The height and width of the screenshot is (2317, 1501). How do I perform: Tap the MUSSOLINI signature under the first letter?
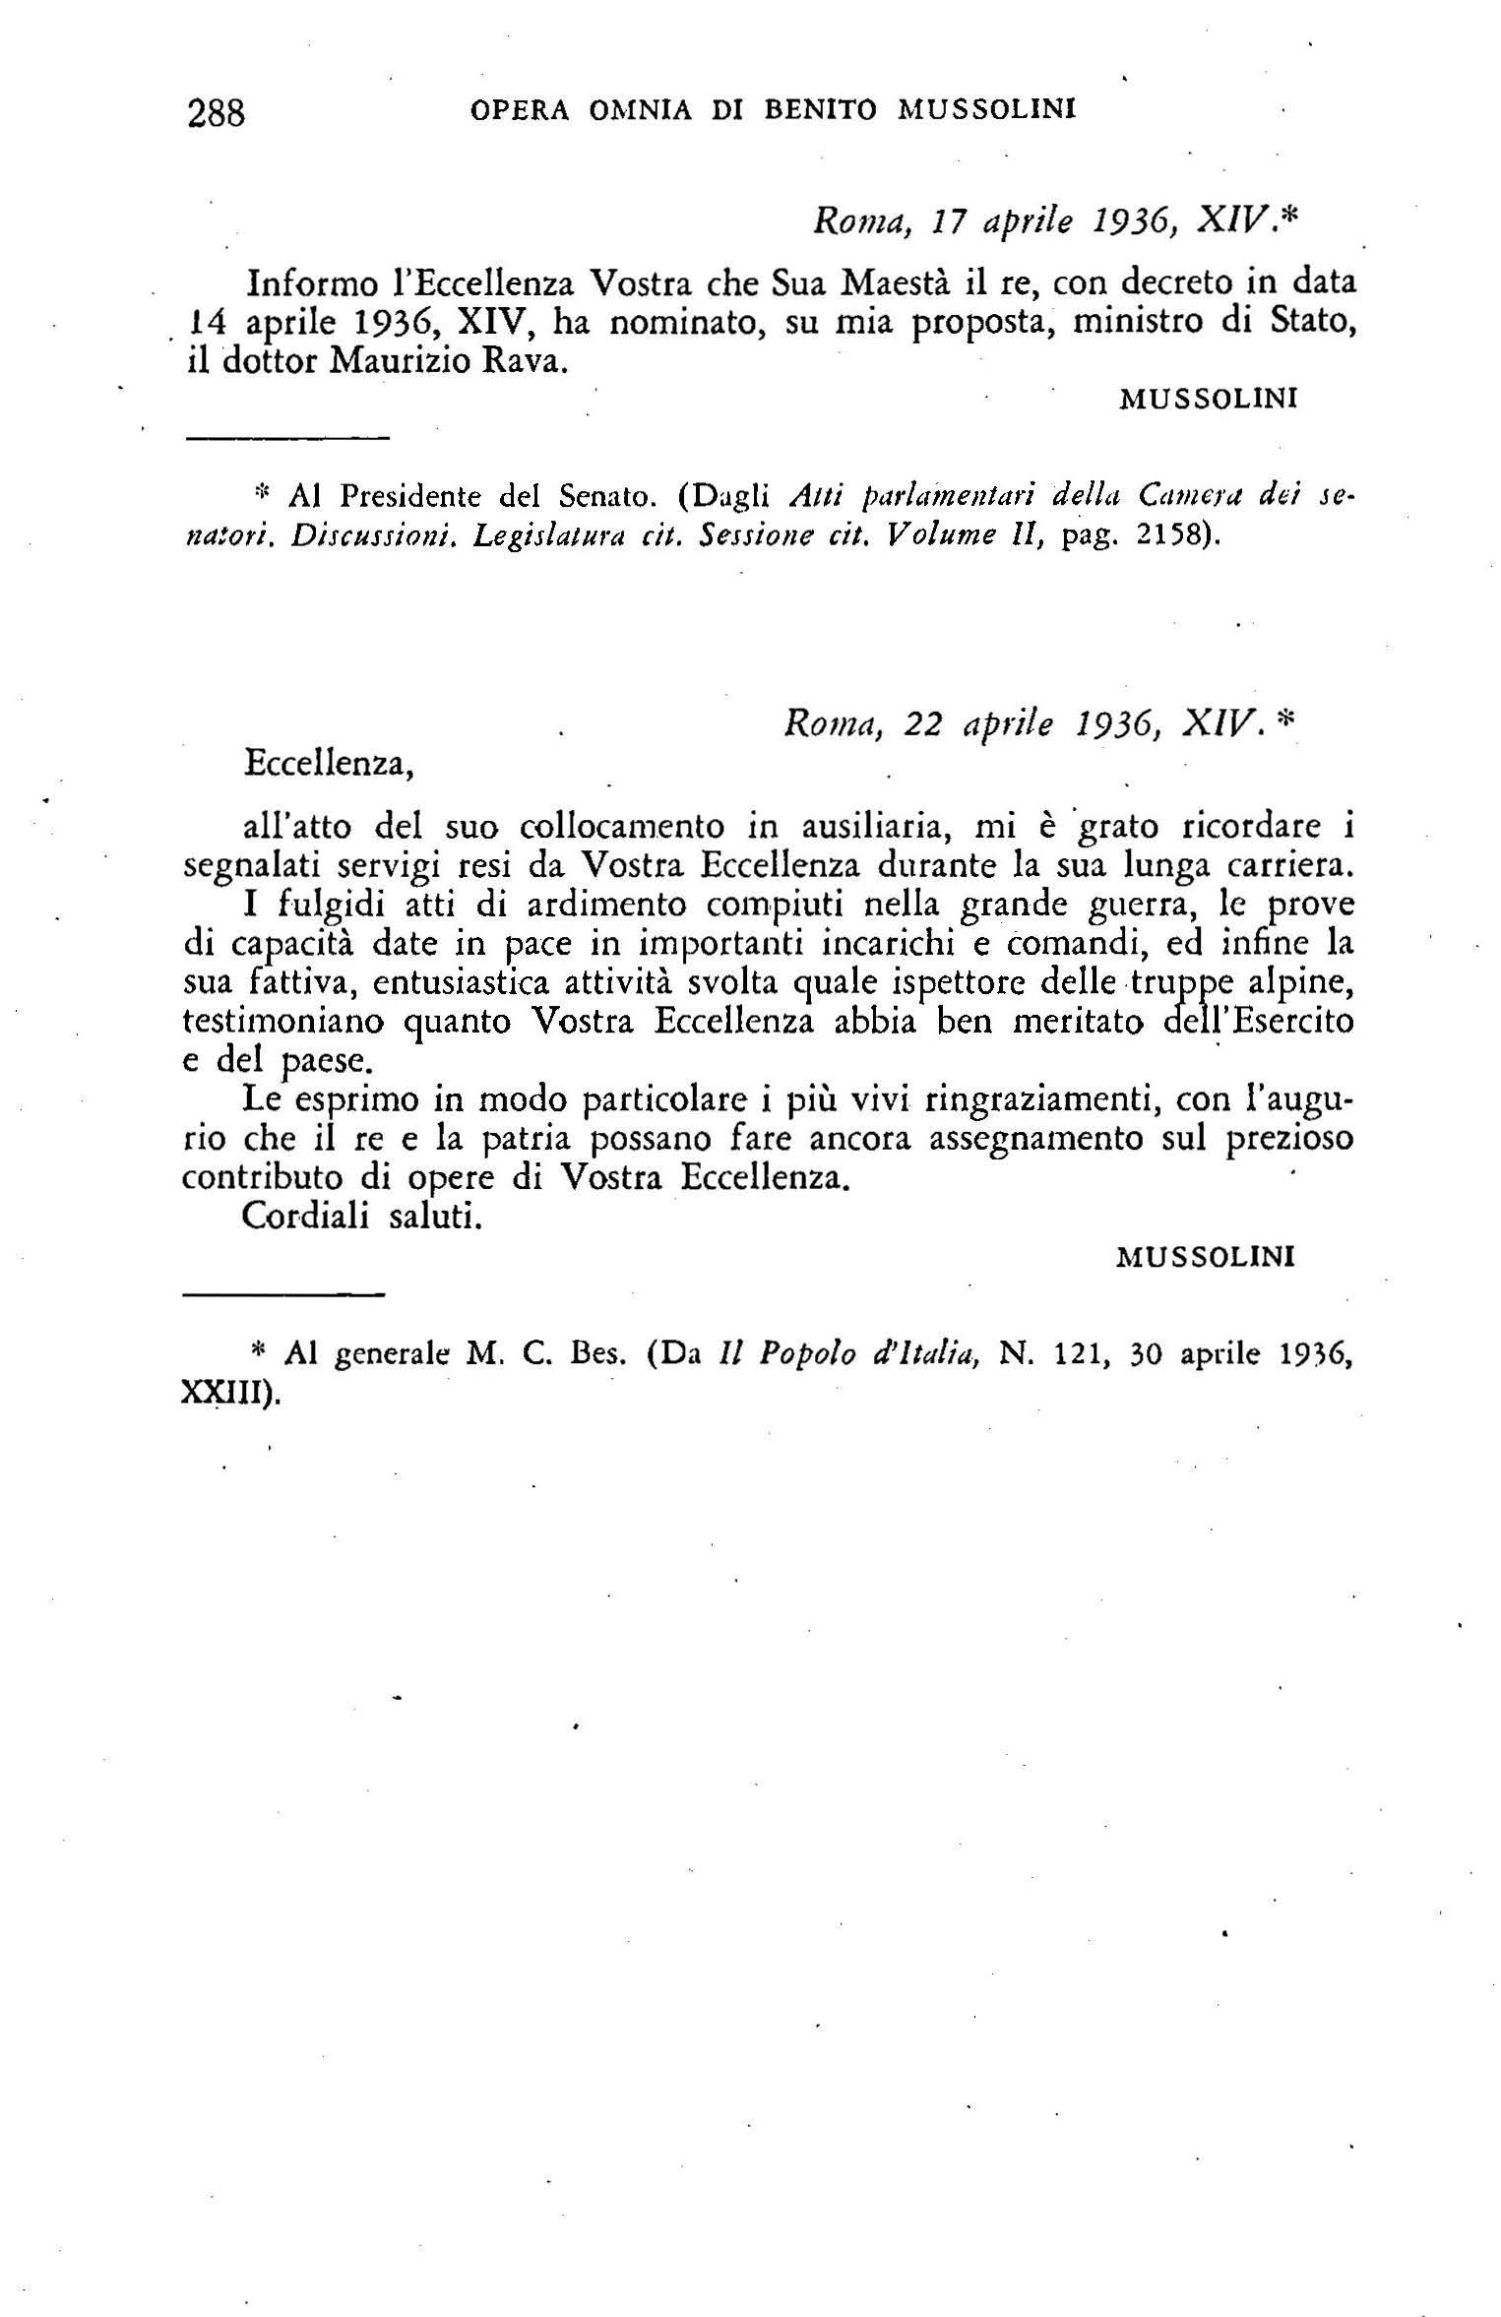click(1208, 399)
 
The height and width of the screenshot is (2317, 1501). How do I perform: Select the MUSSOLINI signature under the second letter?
click(1206, 1257)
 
